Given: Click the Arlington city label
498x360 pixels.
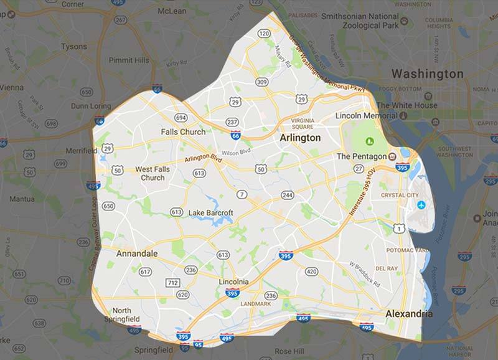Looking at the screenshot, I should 301,138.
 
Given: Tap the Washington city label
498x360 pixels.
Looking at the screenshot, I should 427,73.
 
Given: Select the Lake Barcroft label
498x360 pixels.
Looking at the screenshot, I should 210,213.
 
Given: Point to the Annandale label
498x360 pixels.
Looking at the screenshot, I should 136,253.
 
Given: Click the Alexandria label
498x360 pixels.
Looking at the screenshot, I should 408,314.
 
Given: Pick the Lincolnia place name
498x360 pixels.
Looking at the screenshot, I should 234,282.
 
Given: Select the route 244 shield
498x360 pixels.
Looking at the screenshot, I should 287,195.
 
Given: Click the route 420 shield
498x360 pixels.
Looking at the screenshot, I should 311,271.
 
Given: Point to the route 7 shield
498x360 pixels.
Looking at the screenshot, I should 242,195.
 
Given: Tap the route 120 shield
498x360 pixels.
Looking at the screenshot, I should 264,33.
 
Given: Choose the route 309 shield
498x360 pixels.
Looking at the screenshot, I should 261,82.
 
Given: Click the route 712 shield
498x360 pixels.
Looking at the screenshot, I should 174,282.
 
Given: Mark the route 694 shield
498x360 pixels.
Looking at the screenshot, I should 181,117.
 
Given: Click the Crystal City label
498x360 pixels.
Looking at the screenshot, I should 400,195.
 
